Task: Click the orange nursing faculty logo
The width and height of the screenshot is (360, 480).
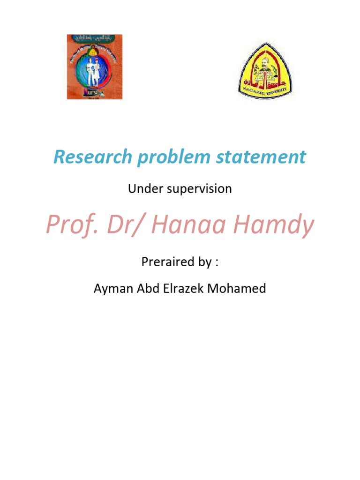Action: click(94, 67)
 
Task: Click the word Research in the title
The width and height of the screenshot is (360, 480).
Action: click(92, 157)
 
